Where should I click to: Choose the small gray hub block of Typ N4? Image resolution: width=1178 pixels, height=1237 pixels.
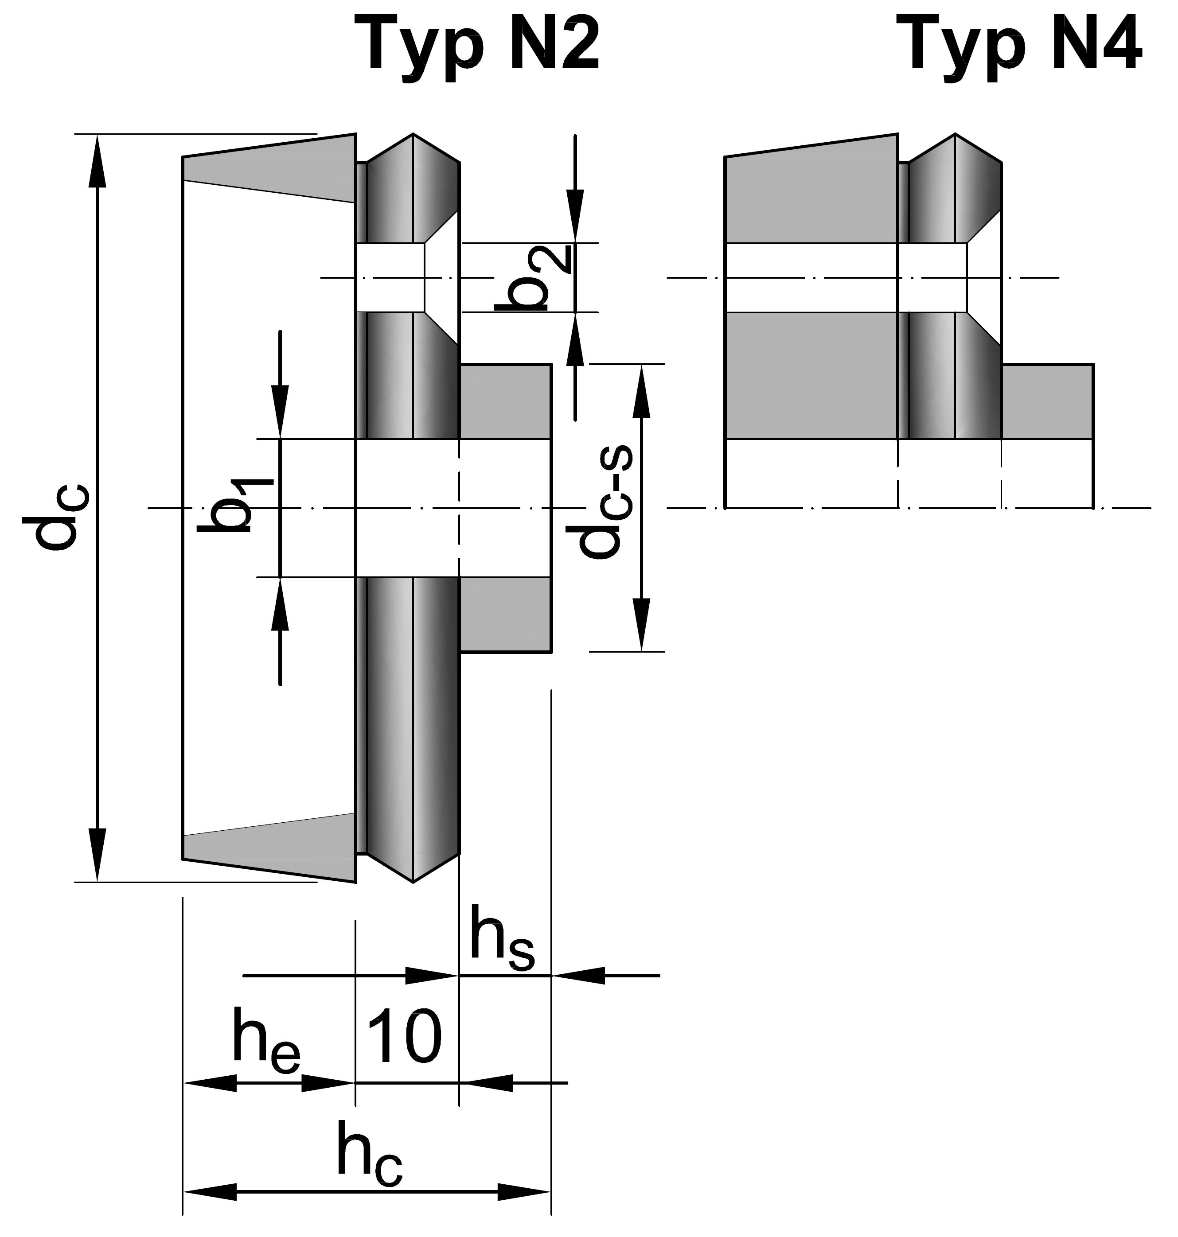click(1047, 402)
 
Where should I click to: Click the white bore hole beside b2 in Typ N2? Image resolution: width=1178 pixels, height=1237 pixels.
click(389, 277)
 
